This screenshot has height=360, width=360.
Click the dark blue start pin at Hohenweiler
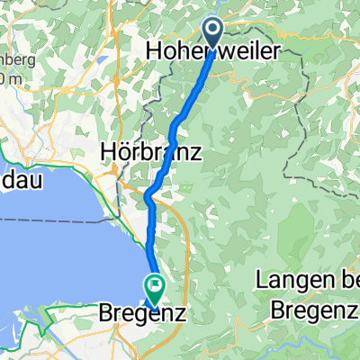coord(213,31)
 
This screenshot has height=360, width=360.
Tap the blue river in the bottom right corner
coord(346,346)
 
